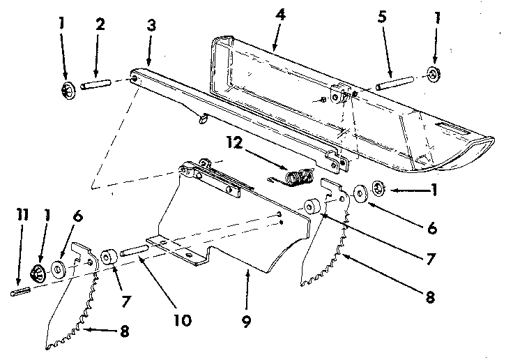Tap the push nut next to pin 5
coord(436,75)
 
